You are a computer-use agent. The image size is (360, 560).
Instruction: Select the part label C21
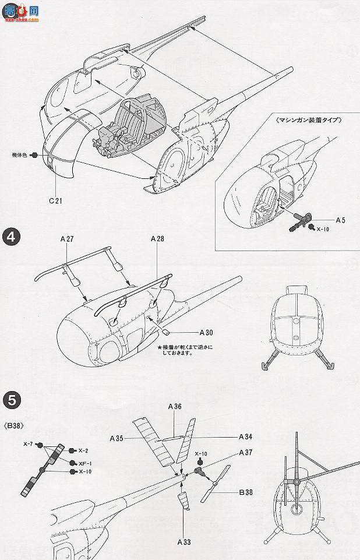tap(57, 201)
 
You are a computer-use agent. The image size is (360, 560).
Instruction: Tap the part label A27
tap(68, 238)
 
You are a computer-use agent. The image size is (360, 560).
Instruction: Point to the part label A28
tap(157, 238)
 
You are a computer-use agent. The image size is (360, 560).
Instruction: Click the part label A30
tap(206, 333)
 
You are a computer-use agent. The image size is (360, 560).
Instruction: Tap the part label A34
tap(246, 436)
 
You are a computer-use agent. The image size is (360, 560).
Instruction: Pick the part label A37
tap(246, 453)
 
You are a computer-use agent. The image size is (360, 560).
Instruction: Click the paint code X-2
tap(83, 450)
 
